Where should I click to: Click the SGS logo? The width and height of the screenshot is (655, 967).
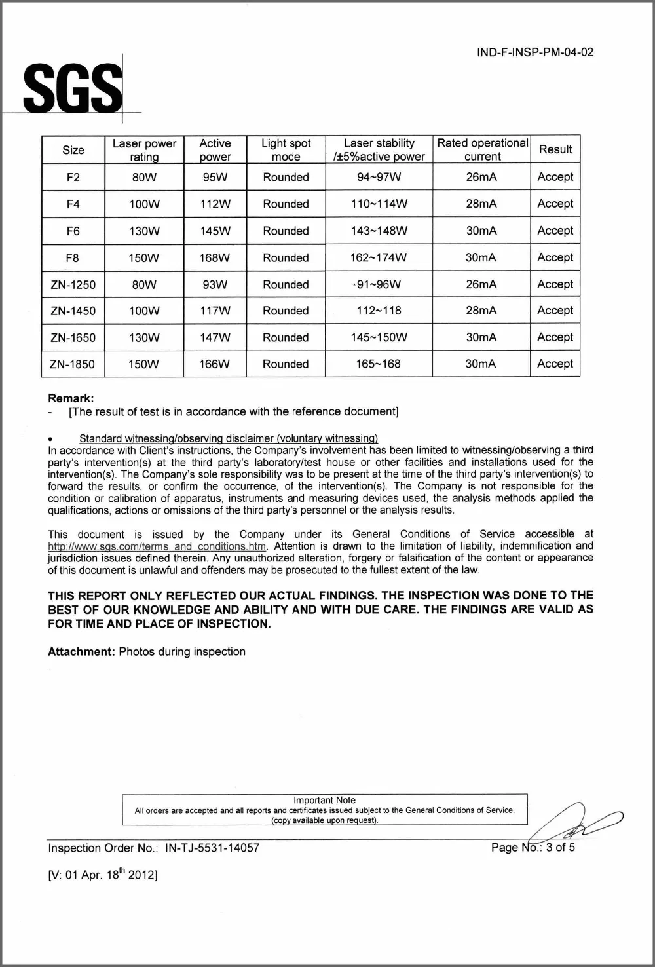pos(73,88)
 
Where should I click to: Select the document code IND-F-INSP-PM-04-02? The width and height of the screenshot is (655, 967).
pos(535,52)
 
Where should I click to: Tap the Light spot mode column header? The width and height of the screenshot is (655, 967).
pos(286,150)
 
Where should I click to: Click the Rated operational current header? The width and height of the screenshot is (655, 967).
pos(482,150)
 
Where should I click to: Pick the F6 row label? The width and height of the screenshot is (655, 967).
pos(73,231)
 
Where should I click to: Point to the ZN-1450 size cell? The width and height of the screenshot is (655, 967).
pos(73,311)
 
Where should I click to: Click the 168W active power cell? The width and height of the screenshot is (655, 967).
pos(215,258)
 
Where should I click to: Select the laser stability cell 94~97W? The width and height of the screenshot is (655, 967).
pos(379,177)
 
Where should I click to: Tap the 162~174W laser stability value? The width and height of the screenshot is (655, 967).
pos(378,258)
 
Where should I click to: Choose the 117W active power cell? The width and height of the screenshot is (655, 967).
pos(215,311)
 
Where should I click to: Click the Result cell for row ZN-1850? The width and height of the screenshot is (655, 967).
pos(555,364)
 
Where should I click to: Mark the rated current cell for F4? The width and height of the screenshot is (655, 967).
pos(481,204)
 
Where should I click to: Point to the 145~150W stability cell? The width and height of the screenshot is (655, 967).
pos(379,337)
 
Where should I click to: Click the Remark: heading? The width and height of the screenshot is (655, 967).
pos(71,398)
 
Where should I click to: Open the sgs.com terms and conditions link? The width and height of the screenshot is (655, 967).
pos(157,546)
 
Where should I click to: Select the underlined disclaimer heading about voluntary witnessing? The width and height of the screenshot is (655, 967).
pos(229,438)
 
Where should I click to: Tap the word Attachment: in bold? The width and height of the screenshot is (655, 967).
pos(81,652)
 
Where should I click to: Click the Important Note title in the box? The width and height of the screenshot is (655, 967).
pos(324,800)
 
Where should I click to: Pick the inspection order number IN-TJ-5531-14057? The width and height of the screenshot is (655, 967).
pos(212,848)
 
